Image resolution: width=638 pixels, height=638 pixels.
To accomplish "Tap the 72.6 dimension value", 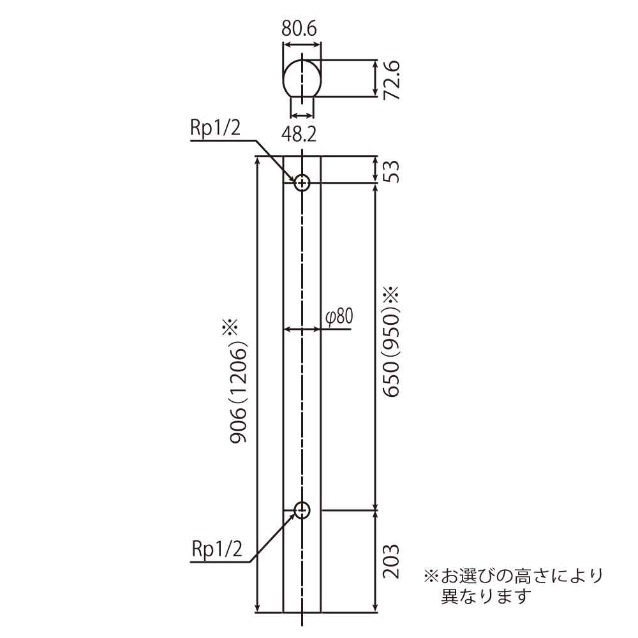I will pyautogui.click(x=391, y=79).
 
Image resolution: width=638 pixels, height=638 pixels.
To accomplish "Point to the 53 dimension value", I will pyautogui.click(x=391, y=170).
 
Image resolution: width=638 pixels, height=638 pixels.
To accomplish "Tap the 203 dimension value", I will pyautogui.click(x=391, y=561).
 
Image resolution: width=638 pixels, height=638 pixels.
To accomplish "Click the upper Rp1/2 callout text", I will pyautogui.click(x=215, y=128).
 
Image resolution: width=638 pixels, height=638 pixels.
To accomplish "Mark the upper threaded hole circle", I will pyautogui.click(x=302, y=183).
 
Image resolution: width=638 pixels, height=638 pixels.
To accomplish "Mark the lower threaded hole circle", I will pyautogui.click(x=302, y=510).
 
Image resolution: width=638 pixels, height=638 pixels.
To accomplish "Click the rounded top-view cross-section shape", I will pyautogui.click(x=302, y=78).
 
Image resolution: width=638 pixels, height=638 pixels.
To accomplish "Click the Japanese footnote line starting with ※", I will pyautogui.click(x=513, y=577).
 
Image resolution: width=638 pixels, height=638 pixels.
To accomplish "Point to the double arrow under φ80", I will pyautogui.click(x=302, y=329).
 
